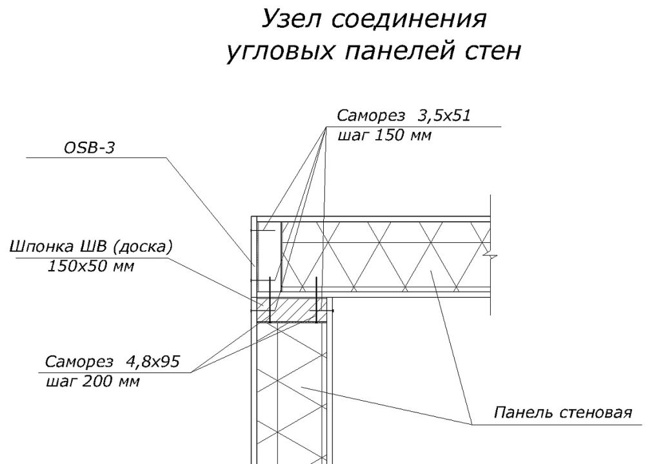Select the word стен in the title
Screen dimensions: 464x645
pyautogui.click(x=488, y=52)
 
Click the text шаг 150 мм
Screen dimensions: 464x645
pyautogui.click(x=384, y=135)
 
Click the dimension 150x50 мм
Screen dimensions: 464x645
pyautogui.click(x=90, y=266)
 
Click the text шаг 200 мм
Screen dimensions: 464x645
pyautogui.click(x=93, y=380)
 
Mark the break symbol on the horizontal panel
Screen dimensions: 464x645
pyautogui.click(x=491, y=256)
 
